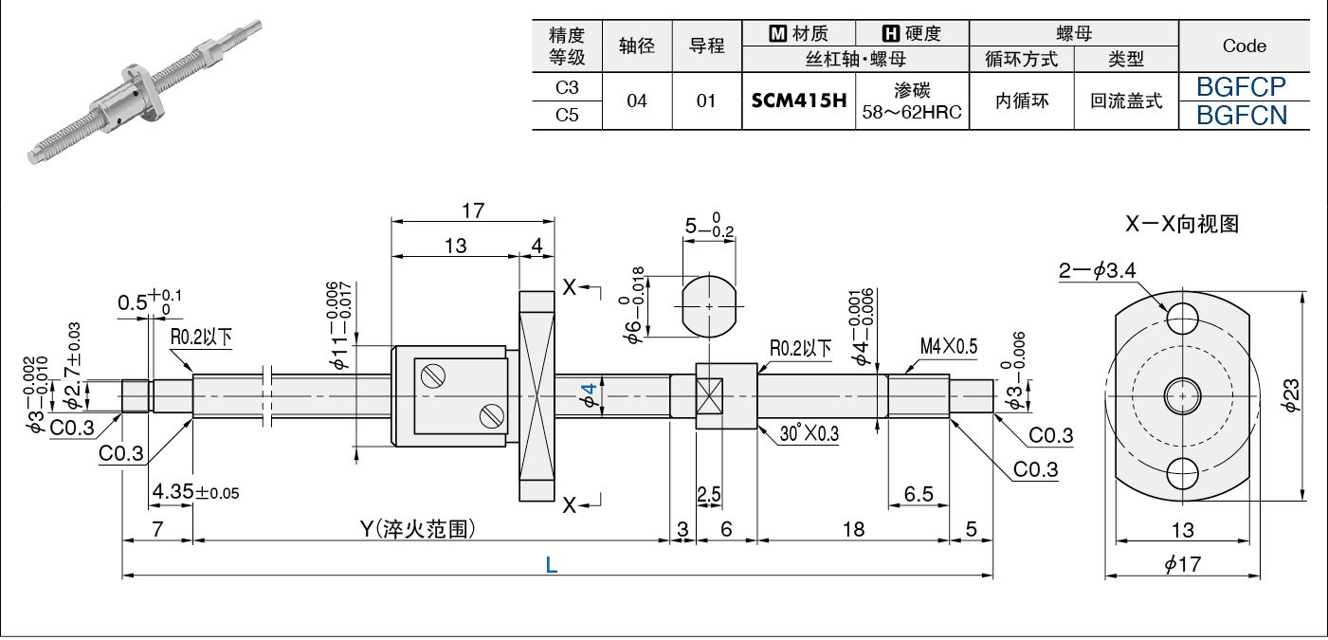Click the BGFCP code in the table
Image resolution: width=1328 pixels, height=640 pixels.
(1241, 87)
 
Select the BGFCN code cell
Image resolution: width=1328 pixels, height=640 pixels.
(1241, 116)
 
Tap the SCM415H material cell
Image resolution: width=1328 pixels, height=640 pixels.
(799, 101)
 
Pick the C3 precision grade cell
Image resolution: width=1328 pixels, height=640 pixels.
(567, 87)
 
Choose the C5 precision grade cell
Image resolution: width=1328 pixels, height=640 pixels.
(567, 116)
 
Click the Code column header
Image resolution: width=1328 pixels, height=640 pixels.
(1244, 46)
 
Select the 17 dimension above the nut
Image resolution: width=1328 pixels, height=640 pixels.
(472, 210)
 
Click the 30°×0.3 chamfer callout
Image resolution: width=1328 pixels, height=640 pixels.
(811, 433)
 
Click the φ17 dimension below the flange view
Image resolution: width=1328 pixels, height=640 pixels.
(1182, 565)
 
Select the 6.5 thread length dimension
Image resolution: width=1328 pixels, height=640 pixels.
(918, 494)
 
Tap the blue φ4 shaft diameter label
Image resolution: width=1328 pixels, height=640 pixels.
(588, 395)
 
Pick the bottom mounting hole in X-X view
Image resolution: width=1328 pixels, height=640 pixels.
(1183, 471)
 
